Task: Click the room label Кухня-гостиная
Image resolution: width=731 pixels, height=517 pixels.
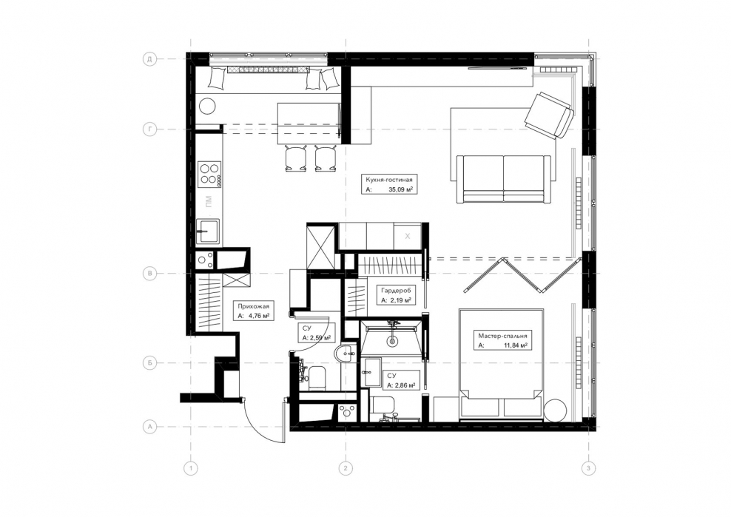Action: [389, 180]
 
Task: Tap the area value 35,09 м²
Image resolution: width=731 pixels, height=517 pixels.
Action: [401, 189]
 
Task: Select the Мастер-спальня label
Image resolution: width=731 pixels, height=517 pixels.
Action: [502, 336]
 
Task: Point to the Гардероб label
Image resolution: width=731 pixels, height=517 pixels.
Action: [396, 291]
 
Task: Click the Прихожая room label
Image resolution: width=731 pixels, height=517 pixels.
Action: [253, 306]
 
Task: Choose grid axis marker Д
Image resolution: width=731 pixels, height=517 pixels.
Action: [149, 59]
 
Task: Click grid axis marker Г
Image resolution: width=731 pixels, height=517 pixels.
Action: [149, 129]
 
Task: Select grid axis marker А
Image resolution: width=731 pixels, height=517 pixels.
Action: [149, 426]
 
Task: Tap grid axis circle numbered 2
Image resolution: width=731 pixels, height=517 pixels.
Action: [346, 468]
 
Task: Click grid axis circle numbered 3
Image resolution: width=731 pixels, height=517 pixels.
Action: [589, 468]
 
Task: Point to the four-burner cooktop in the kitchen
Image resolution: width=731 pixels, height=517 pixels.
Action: [209, 173]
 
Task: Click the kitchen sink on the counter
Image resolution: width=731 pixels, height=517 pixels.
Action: [207, 232]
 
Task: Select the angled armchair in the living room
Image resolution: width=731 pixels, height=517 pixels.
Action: [549, 115]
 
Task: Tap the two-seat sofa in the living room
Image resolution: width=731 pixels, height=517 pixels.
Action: [504, 179]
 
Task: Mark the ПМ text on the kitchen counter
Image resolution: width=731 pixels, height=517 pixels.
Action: [209, 201]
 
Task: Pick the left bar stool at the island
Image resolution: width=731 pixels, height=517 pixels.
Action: [295, 158]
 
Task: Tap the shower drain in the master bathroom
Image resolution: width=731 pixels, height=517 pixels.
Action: [393, 341]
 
